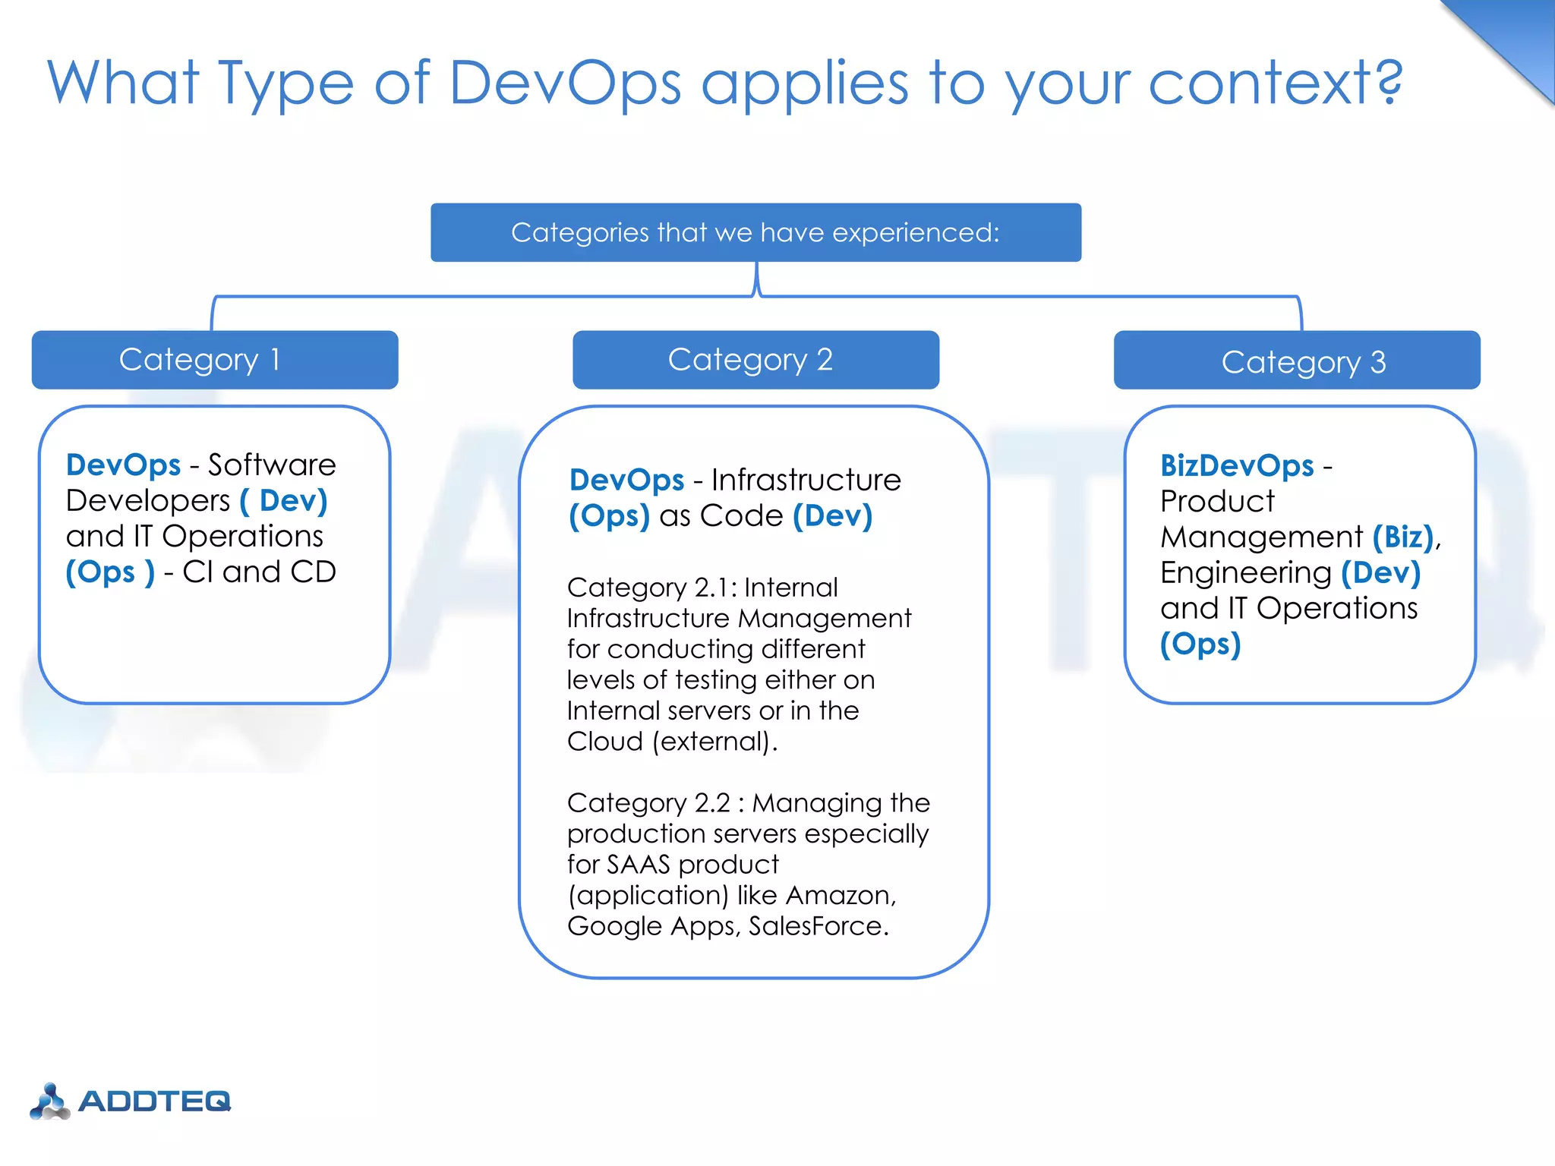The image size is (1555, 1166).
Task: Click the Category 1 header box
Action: (x=215, y=360)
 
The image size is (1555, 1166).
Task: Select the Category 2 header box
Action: (x=755, y=360)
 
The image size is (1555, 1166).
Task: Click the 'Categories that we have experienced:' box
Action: (x=755, y=232)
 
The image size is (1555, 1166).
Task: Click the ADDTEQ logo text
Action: (x=155, y=1101)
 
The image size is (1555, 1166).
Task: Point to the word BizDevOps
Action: (x=1237, y=465)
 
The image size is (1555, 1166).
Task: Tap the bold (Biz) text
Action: (x=1403, y=537)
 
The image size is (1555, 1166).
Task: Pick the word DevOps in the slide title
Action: (x=565, y=84)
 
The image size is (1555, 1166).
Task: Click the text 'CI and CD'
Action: (x=259, y=572)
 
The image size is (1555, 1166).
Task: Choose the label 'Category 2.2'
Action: (x=648, y=803)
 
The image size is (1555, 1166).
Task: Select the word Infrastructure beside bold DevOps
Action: (x=806, y=480)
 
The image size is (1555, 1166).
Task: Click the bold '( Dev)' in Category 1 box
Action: (x=284, y=501)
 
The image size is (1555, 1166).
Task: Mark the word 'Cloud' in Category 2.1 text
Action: (x=604, y=742)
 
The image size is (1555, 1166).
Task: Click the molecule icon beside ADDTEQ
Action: (x=50, y=1101)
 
